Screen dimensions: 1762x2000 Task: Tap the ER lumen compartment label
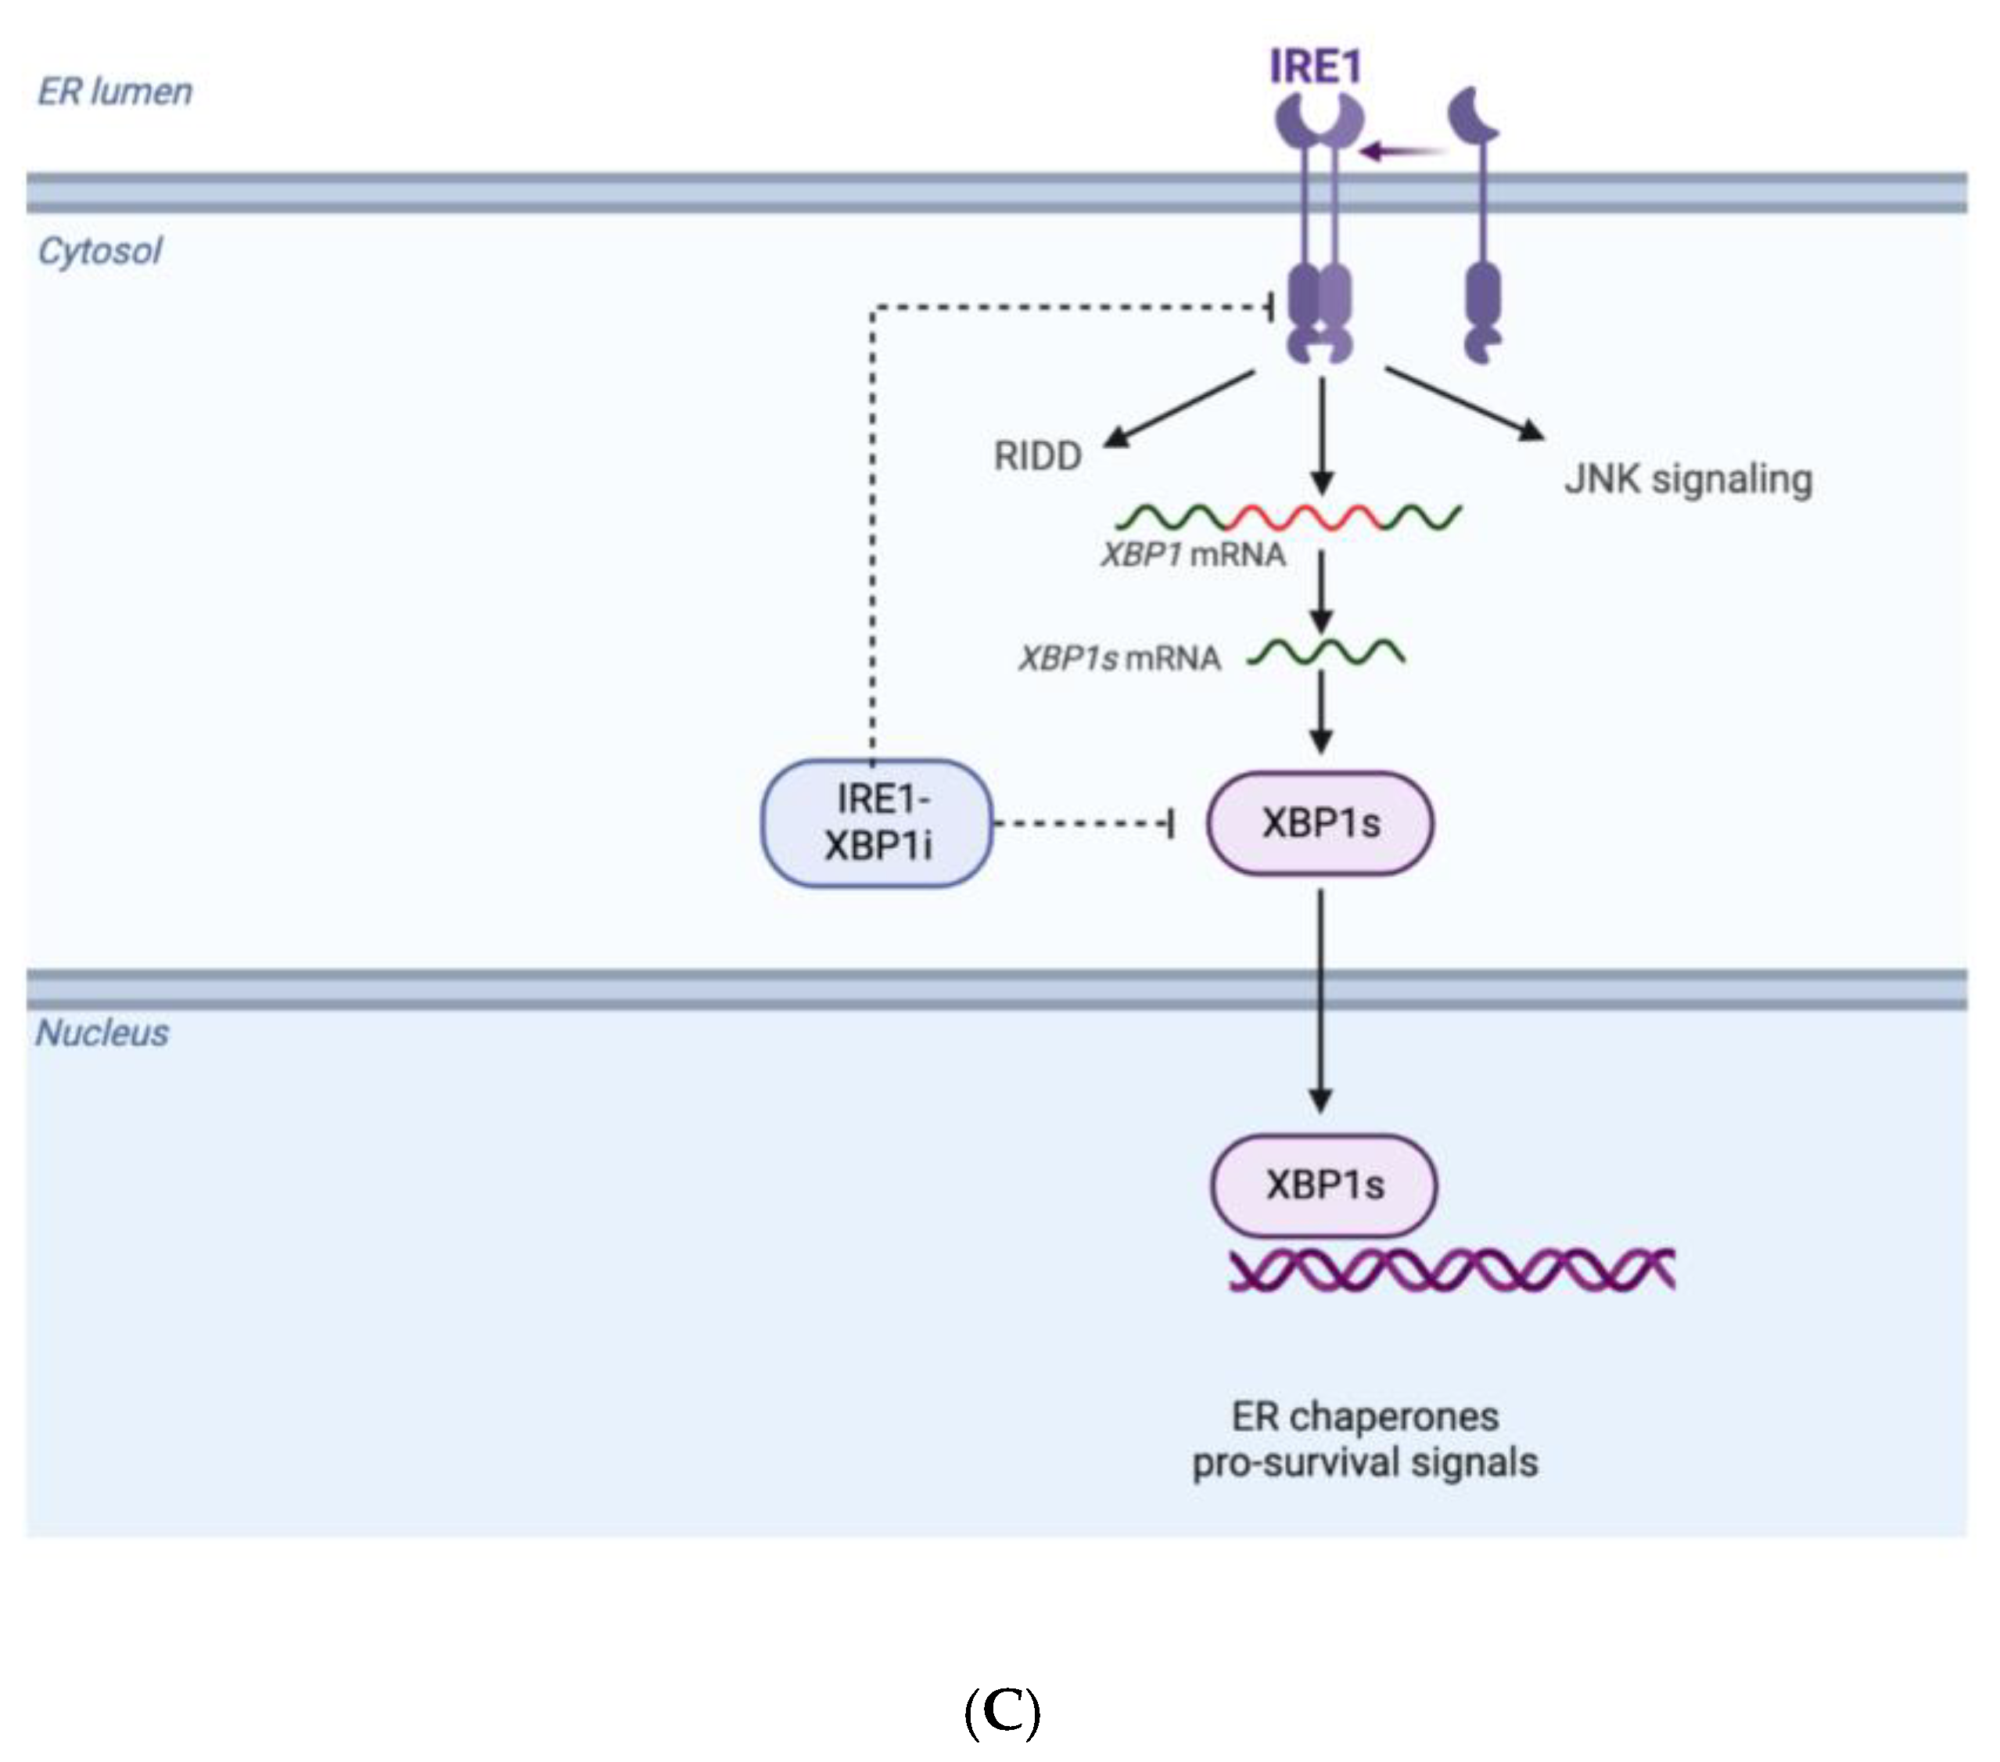point(114,91)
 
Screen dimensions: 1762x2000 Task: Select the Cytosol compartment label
point(99,252)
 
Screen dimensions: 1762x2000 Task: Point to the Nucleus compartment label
point(102,1033)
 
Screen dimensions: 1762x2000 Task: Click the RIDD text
point(1037,456)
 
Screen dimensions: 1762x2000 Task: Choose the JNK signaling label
point(1688,480)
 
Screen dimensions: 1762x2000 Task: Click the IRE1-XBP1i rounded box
point(877,823)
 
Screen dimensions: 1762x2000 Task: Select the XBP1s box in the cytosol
point(1320,823)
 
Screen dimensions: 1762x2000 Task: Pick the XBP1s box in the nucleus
point(1324,1185)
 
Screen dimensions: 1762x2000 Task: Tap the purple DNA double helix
point(1451,1271)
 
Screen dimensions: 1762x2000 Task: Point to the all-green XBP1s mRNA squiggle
point(1327,652)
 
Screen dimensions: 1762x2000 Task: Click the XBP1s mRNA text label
point(1119,658)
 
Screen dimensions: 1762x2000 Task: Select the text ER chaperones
point(1364,1416)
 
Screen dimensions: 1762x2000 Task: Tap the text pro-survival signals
point(1364,1462)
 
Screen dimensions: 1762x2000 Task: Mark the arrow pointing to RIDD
point(1178,408)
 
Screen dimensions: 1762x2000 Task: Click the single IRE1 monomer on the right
point(1481,225)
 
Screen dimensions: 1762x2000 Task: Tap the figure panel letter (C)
point(1001,1712)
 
